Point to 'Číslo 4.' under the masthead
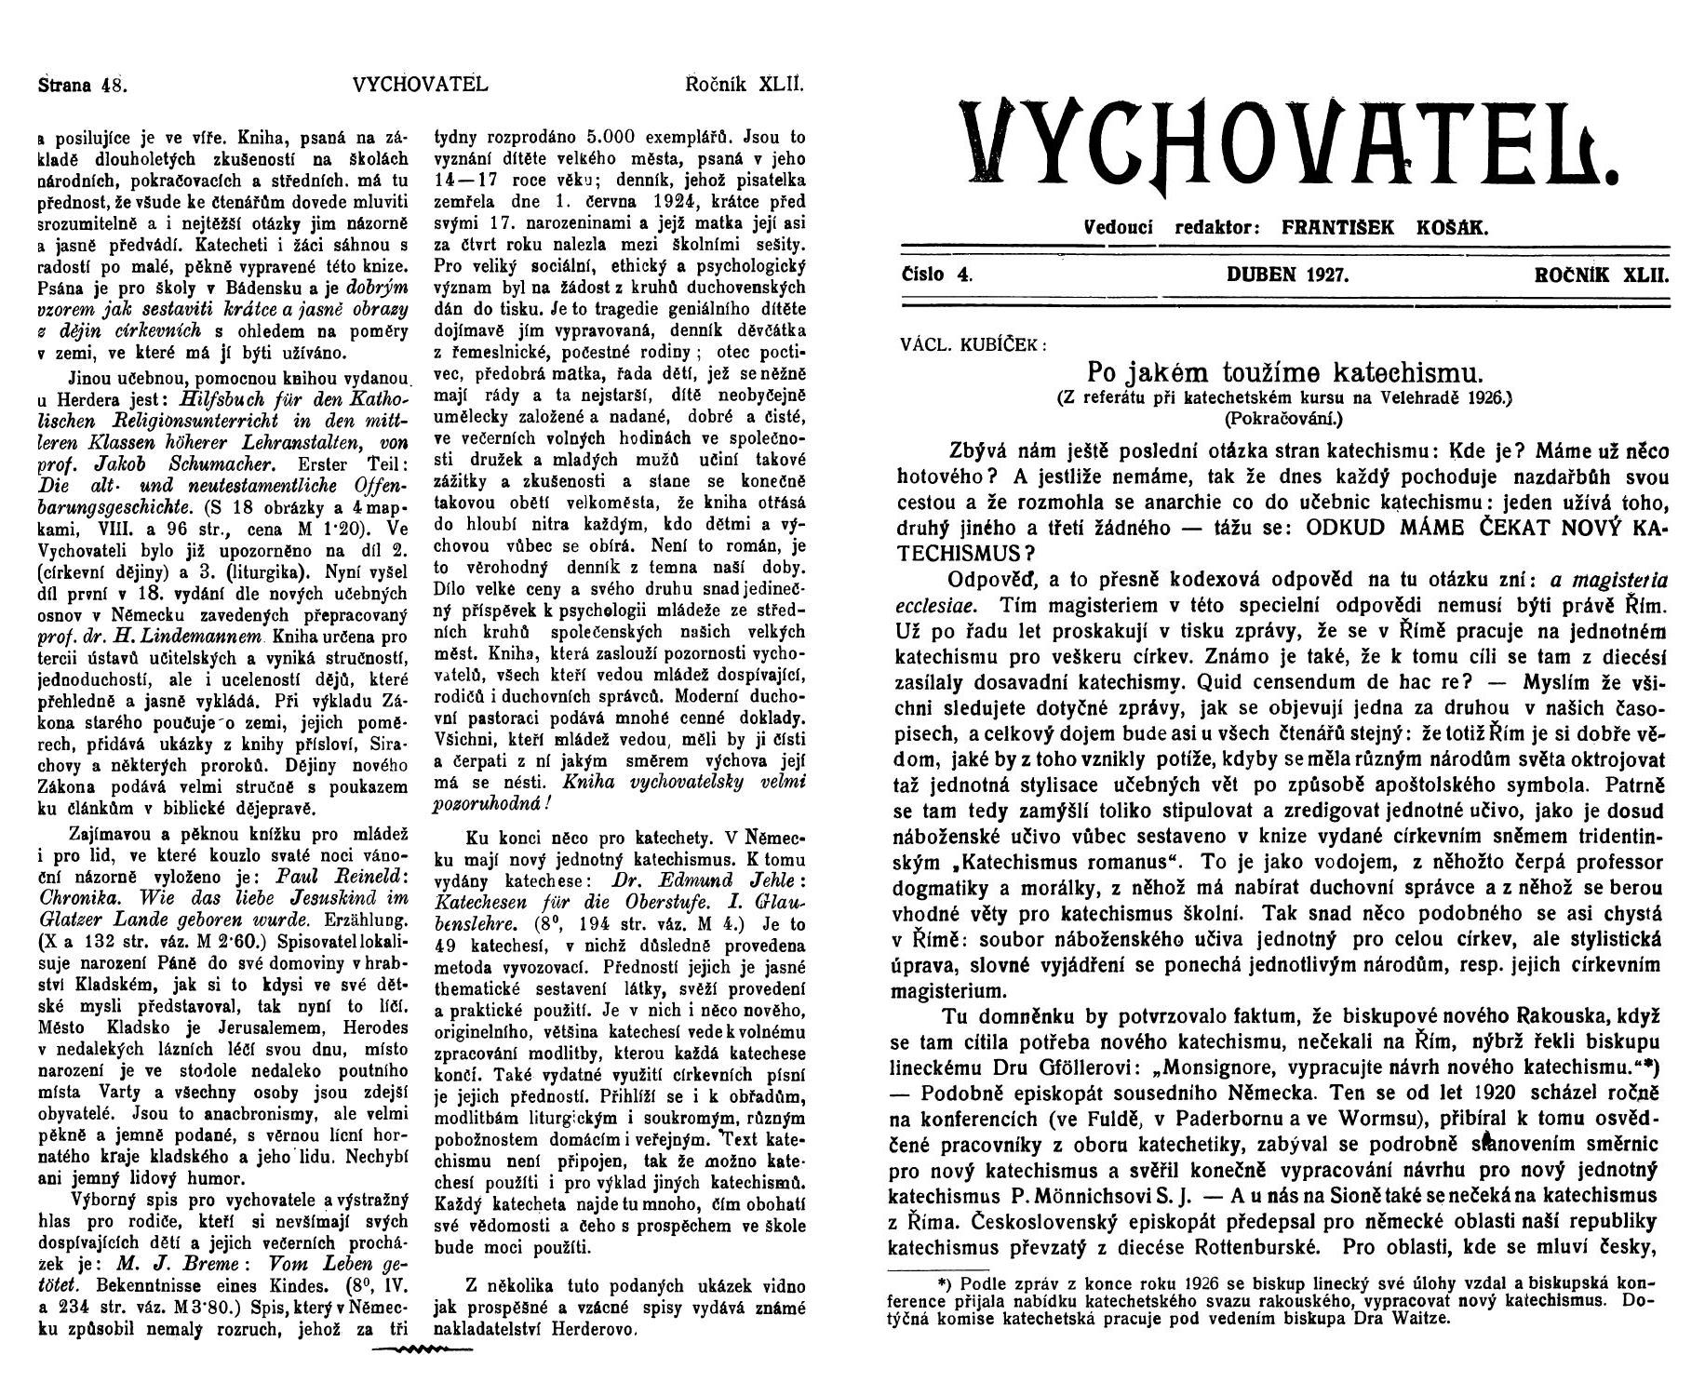(x=936, y=275)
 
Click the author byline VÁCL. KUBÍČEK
(x=973, y=342)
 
